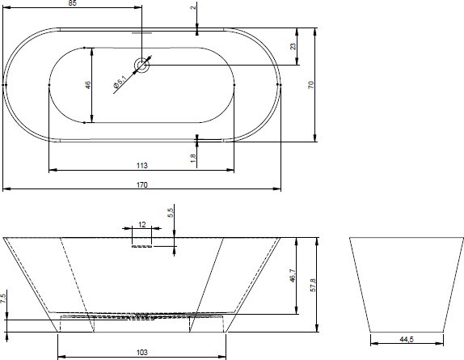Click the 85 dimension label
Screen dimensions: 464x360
coord(72,3)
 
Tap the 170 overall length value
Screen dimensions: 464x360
coord(141,185)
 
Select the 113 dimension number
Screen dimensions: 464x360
coord(142,166)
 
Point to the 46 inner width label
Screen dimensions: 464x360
coord(88,85)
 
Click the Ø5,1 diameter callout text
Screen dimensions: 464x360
coord(120,82)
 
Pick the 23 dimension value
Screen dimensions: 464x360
coord(293,46)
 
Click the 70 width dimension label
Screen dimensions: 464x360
coord(310,85)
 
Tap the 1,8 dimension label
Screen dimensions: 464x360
coord(193,158)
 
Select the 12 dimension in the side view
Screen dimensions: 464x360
coord(142,225)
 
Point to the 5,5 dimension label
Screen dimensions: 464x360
coord(171,213)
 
